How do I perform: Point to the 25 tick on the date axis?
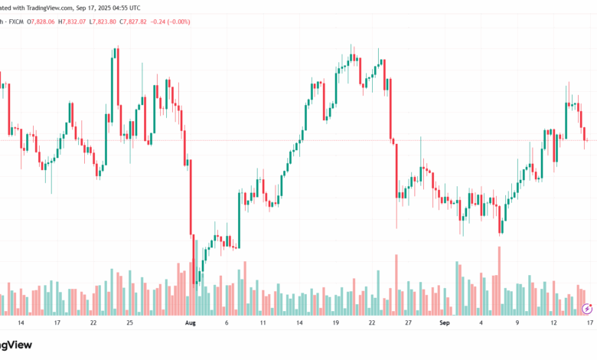click(x=129, y=323)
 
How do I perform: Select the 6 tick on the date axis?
click(x=227, y=323)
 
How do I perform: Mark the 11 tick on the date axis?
click(x=263, y=323)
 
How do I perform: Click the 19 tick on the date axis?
click(x=335, y=323)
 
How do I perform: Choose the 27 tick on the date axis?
click(x=408, y=323)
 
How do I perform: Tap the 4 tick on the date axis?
click(x=481, y=323)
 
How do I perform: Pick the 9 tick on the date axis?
click(x=517, y=323)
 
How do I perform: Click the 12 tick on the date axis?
click(x=553, y=323)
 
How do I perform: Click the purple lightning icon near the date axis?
click(x=587, y=309)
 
